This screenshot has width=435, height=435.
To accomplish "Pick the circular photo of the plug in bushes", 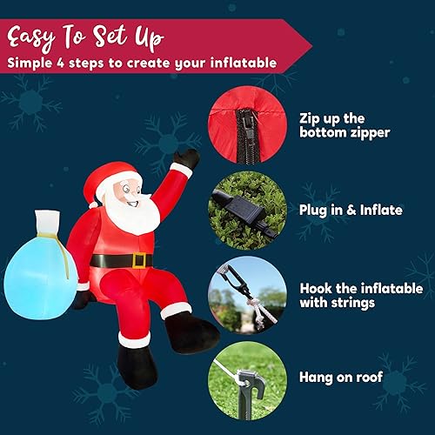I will point(247,211).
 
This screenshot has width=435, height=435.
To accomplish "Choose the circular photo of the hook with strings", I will point(247,295).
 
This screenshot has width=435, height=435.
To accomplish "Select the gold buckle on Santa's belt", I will point(138,260).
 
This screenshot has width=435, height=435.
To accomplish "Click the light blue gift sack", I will point(38,269).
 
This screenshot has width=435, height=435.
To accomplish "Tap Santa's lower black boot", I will point(137,358).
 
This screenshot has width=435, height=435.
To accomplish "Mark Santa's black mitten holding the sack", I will point(81,298).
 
